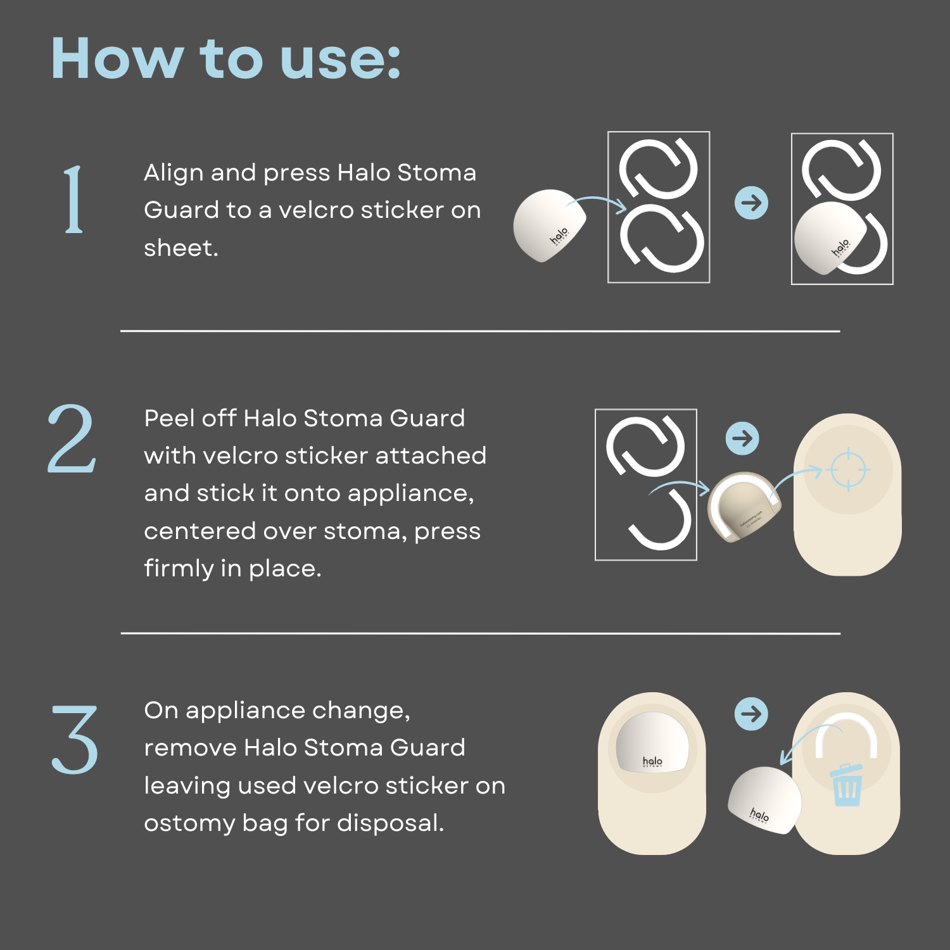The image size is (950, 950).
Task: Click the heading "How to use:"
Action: point(225,58)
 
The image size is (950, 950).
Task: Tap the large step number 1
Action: point(74,199)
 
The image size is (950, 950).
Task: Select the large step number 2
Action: point(72,439)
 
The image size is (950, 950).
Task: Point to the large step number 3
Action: point(75,739)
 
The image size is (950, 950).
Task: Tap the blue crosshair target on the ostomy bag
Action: point(849,470)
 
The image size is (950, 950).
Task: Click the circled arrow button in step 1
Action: point(751,203)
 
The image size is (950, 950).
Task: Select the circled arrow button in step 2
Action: point(742,438)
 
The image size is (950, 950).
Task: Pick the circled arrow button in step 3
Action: point(751,714)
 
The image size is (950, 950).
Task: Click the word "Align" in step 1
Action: point(174,173)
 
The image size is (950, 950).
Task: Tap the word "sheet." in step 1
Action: point(180,248)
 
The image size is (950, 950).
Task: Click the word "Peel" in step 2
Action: point(167,419)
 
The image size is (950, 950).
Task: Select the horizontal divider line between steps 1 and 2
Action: point(480,331)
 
